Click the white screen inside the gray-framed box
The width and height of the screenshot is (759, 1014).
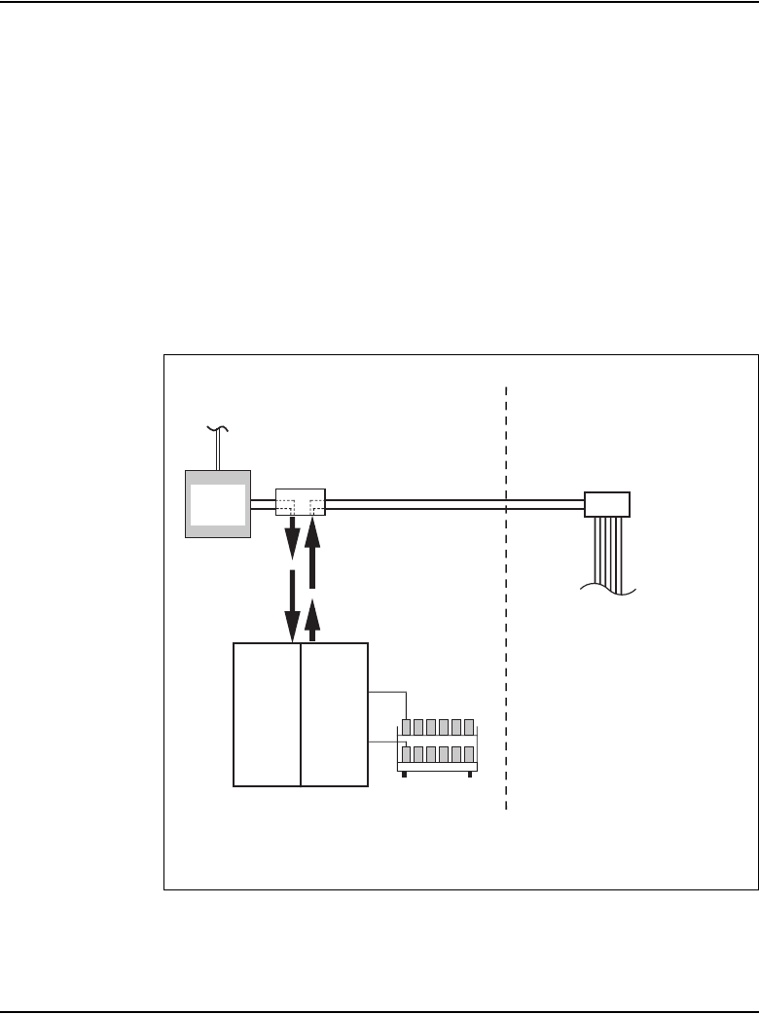coord(219,504)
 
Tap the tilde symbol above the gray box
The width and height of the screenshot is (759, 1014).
coord(215,429)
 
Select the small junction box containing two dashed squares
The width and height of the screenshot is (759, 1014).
coord(300,503)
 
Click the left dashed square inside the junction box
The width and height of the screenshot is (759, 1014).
coord(286,506)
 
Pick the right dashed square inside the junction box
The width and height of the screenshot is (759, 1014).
coord(316,506)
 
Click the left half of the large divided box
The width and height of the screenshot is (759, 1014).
coord(268,714)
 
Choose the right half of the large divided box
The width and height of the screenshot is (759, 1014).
coord(335,714)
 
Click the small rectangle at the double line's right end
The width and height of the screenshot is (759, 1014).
coord(606,504)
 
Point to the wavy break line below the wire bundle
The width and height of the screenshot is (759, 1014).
coord(608,588)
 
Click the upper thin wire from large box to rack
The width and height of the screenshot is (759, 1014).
coord(387,694)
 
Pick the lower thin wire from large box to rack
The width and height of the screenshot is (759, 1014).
coord(387,743)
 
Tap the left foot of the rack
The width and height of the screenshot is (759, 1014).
coord(404,776)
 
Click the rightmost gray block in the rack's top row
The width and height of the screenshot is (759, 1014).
coord(468,726)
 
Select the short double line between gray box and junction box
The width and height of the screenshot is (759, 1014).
coord(263,504)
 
